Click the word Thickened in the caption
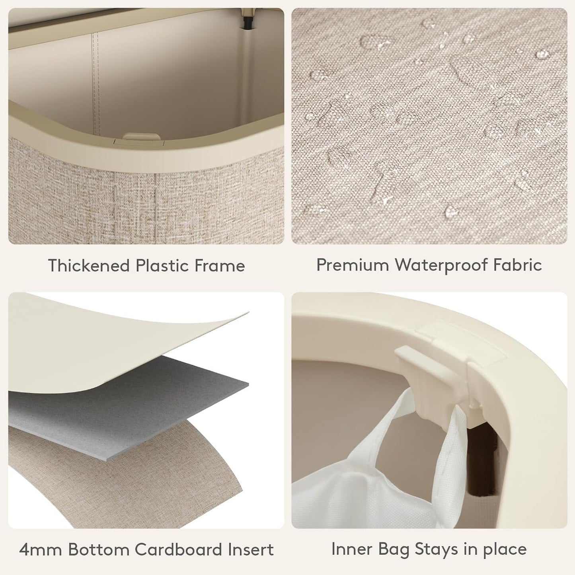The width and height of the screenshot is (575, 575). click(89, 265)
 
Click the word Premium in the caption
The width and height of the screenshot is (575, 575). click(353, 264)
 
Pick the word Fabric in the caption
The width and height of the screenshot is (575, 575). click(517, 264)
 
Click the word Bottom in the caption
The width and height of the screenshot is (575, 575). click(99, 550)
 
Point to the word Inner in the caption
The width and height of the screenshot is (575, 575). click(352, 549)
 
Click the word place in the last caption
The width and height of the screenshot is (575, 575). click(505, 550)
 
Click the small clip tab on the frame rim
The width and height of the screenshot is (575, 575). click(141, 137)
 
